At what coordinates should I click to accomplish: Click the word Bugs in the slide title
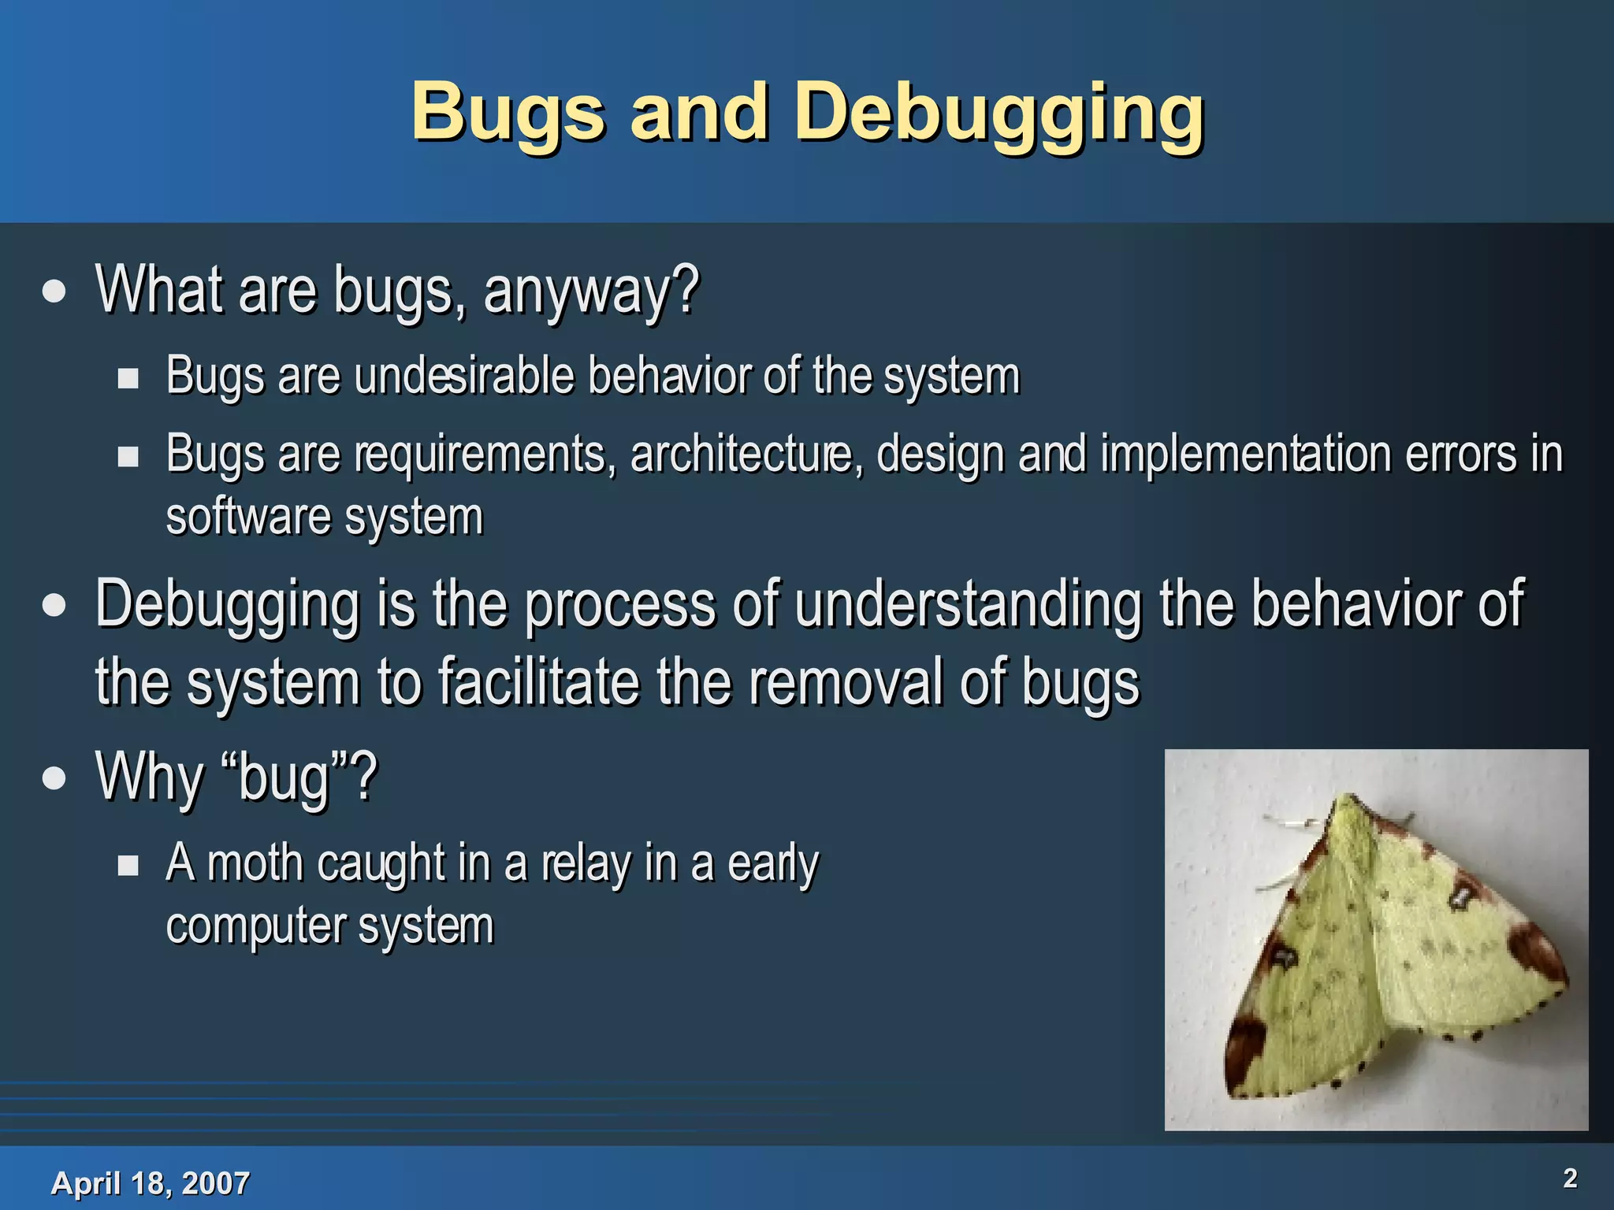[508, 114]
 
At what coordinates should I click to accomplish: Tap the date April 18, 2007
[150, 1182]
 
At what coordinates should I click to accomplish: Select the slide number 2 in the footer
[1569, 1178]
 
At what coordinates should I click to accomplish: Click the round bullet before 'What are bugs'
[54, 291]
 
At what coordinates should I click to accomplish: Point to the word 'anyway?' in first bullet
[591, 290]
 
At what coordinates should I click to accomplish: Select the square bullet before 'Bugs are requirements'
[128, 457]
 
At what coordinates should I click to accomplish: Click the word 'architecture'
[741, 455]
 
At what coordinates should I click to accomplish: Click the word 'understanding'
[968, 604]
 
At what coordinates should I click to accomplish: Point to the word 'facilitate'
[538, 682]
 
